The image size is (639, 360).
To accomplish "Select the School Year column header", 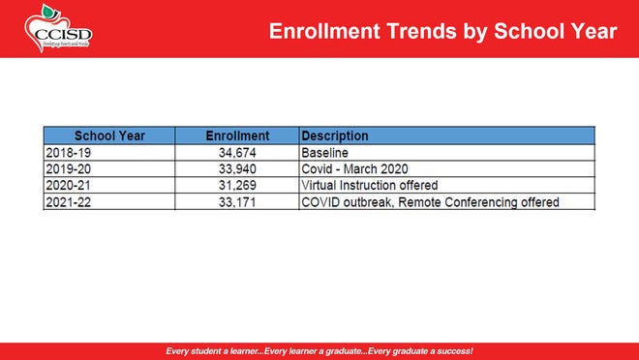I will pyautogui.click(x=109, y=136).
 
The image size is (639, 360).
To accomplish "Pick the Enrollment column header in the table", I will pyautogui.click(x=237, y=136).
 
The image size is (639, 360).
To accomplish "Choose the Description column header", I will pyautogui.click(x=335, y=136).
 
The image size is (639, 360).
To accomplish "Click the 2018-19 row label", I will pyautogui.click(x=66, y=153).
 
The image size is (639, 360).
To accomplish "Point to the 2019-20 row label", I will pyautogui.click(x=66, y=169).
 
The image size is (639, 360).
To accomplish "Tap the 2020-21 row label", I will pyautogui.click(x=66, y=186).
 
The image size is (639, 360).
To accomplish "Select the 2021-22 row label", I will pyautogui.click(x=66, y=202).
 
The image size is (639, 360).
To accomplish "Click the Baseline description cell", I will pyautogui.click(x=324, y=153).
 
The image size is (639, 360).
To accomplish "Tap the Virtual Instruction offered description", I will pyautogui.click(x=370, y=186).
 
